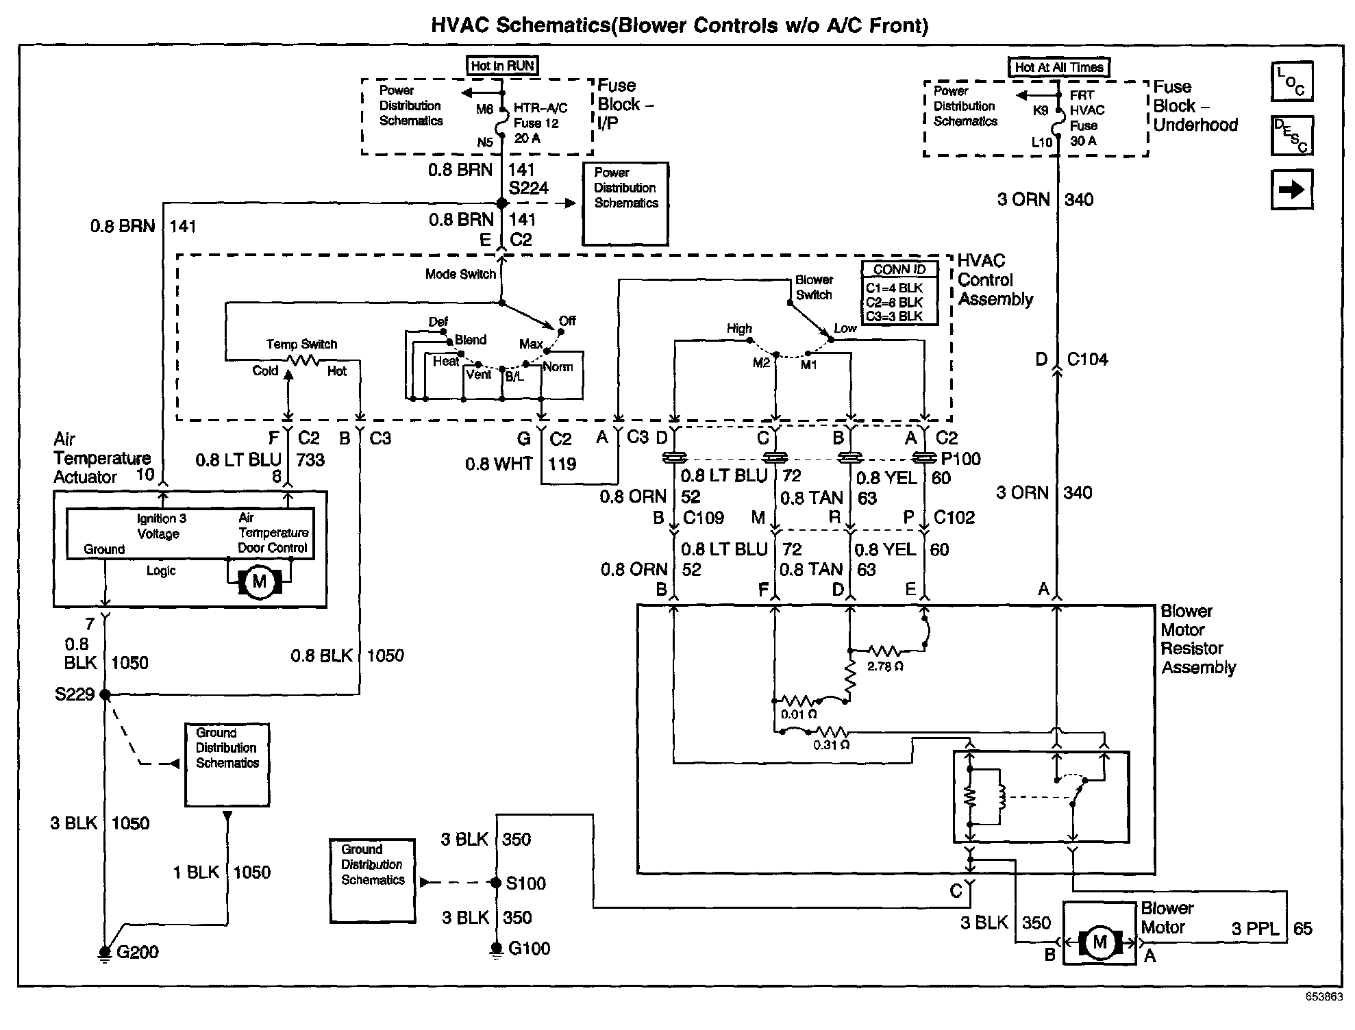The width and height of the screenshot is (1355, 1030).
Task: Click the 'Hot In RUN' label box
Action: (x=502, y=66)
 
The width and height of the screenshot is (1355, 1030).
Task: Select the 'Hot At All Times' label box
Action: (x=1058, y=67)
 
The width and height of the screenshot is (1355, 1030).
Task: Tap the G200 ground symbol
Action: (x=105, y=952)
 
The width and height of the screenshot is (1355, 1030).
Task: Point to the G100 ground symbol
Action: (x=496, y=949)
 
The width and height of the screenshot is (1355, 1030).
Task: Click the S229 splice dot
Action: (x=105, y=694)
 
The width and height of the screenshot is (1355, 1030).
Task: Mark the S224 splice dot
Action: (x=501, y=203)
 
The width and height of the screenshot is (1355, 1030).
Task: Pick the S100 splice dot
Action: (x=496, y=883)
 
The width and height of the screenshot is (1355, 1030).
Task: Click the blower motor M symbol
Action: (x=1099, y=942)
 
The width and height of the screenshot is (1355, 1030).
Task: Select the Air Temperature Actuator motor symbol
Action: (x=259, y=582)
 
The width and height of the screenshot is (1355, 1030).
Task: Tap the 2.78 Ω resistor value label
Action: (x=885, y=666)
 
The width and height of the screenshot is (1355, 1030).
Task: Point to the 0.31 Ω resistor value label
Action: (x=831, y=744)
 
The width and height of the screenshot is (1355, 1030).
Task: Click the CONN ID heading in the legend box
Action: (x=899, y=270)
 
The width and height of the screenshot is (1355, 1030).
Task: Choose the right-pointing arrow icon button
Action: (x=1291, y=189)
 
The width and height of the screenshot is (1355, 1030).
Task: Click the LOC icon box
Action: (x=1291, y=81)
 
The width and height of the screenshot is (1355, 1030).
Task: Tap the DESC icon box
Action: (x=1291, y=136)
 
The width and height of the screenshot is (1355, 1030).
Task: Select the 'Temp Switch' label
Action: (x=301, y=344)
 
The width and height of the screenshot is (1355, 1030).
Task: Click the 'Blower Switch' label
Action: (x=814, y=288)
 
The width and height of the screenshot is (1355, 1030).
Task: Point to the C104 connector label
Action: (x=1087, y=360)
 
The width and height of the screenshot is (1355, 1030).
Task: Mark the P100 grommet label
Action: (x=960, y=459)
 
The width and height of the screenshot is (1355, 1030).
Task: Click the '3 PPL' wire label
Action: (x=1254, y=929)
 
